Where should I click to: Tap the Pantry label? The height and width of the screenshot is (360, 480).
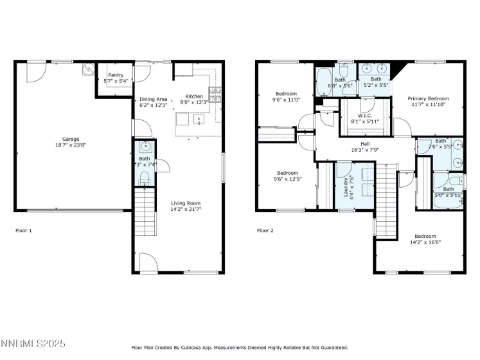[116, 75]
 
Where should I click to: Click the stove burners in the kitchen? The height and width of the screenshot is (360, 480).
[214, 94]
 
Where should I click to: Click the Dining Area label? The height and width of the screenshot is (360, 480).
[153, 98]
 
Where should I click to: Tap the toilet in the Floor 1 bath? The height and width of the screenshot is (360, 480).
[144, 176]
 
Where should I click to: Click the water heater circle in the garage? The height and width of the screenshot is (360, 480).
[87, 69]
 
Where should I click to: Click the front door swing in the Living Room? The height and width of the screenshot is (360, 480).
[148, 262]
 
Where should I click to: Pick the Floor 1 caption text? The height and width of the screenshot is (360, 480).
[23, 230]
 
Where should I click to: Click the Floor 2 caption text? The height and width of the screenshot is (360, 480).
[265, 230]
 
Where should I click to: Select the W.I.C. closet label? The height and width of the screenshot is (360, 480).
[364, 115]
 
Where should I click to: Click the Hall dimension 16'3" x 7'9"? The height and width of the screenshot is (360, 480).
[364, 150]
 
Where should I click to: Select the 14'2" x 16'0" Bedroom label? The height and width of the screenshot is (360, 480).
[425, 236]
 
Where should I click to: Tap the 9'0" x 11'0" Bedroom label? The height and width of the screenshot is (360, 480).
[287, 93]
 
